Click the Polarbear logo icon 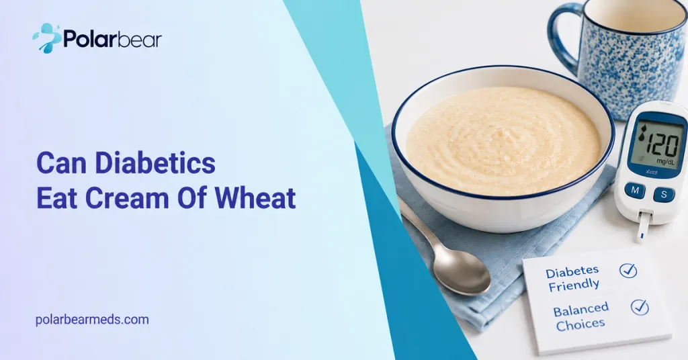point(47,38)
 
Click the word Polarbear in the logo point(113,39)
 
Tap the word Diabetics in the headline point(155,163)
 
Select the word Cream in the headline point(127,197)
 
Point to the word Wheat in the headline point(255,197)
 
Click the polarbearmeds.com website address point(92,320)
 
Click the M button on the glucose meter point(634,191)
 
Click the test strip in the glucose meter point(642,227)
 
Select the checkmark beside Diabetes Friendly point(628,270)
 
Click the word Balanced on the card point(581,310)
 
